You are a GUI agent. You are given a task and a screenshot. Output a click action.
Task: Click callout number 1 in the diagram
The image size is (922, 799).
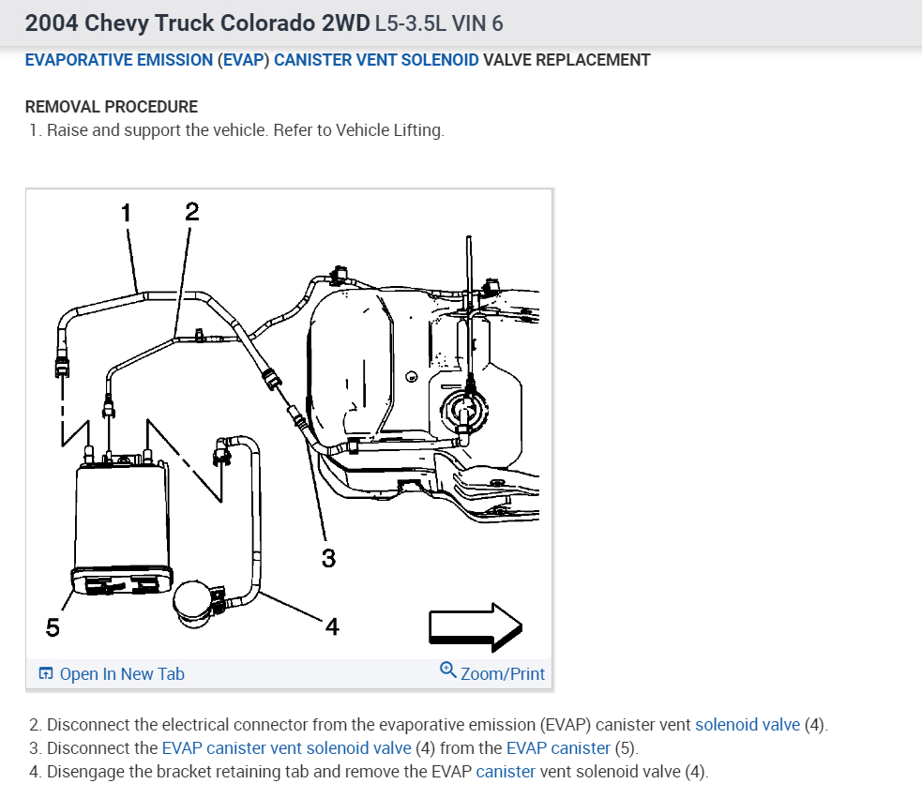(126, 212)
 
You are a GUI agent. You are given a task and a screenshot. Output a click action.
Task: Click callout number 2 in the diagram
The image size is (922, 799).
(191, 211)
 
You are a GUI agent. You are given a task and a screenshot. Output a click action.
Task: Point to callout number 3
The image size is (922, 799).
(327, 558)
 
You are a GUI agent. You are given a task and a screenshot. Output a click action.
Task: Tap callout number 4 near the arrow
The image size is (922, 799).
(331, 626)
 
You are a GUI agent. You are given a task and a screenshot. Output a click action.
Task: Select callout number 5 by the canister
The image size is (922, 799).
(53, 627)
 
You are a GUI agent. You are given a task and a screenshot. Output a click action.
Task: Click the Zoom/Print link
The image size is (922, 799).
(502, 674)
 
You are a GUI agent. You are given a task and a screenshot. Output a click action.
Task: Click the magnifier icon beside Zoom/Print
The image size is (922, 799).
(447, 671)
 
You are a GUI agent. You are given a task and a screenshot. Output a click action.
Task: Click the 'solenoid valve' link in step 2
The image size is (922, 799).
(748, 725)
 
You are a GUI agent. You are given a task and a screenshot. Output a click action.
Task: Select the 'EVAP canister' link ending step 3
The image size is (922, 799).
(557, 748)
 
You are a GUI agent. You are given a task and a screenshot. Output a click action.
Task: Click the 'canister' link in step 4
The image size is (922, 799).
(506, 772)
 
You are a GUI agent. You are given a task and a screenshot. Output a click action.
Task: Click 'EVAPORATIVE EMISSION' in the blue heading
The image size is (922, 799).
(119, 60)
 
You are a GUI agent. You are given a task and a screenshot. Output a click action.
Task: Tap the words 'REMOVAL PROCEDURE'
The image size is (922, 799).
(112, 107)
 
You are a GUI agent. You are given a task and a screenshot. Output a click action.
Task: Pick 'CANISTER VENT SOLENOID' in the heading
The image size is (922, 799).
(376, 60)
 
